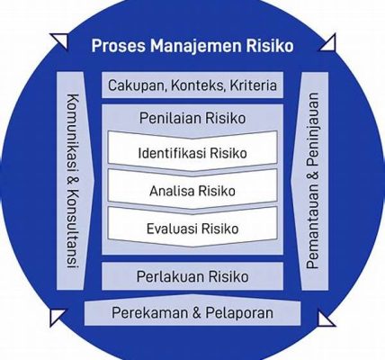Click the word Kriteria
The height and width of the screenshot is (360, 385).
click(253, 85)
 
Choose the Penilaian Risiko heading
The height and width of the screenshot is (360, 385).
click(192, 118)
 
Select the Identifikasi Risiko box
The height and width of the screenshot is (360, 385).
click(192, 151)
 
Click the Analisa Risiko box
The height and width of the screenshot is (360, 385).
click(192, 189)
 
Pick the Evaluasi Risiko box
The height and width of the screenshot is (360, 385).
click(192, 227)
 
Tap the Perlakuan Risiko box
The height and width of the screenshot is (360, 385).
click(192, 276)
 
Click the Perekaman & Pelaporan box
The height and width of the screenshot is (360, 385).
click(192, 312)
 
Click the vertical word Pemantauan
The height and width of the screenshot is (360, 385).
click(312, 226)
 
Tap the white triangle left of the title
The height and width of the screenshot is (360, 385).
click(59, 41)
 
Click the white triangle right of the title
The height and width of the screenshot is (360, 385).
click(327, 43)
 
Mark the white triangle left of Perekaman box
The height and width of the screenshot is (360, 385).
click(58, 318)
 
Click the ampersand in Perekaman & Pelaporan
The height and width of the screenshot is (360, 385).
click(196, 312)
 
